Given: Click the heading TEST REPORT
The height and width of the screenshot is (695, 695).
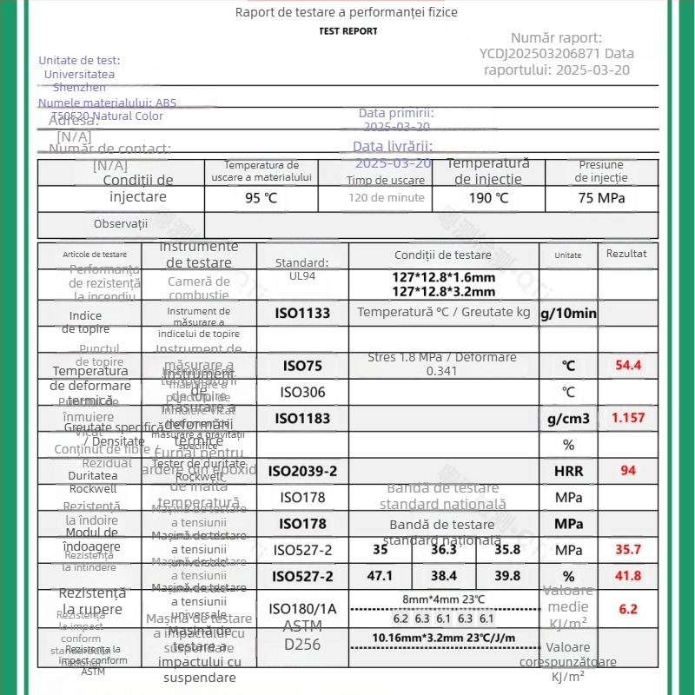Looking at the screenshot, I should coord(348,31).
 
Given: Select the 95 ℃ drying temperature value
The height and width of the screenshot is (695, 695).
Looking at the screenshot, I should coord(261,197).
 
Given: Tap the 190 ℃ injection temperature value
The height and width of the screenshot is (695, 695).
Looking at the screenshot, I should coord(488,197).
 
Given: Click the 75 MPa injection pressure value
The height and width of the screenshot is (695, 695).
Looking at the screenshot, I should coord(601,197).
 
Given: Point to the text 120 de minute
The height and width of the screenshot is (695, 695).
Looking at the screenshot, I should coord(387,197).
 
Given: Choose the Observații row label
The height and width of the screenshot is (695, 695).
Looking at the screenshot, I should coord(121,224).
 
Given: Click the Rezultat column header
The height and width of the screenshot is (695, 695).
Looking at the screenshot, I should coord(626,254).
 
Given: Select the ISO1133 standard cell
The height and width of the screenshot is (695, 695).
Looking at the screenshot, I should coord(302,313).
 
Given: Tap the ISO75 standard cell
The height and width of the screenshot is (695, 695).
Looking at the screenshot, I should coord(302,366).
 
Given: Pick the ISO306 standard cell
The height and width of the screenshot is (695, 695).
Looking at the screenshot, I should coord(302,392).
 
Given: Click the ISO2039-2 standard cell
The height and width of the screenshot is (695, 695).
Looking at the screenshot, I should coord(302,472).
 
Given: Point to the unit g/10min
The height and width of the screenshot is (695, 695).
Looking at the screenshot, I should coord(569,313).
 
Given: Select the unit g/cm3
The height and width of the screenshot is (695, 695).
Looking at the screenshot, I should coord(569,419).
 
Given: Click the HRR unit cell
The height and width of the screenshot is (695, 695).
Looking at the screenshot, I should coord(569,472).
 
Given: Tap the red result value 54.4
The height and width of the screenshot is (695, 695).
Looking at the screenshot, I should coord(628,365).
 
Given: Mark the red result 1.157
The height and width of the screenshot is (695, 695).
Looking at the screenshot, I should coord(628,418).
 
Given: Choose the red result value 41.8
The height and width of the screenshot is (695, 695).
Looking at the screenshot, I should coord(628,576).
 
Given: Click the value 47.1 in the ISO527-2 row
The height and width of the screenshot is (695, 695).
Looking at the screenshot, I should coord(381,576).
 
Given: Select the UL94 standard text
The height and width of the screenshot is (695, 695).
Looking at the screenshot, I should coord(302,276).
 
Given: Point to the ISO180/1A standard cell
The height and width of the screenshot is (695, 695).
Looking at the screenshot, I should coord(302,609).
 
